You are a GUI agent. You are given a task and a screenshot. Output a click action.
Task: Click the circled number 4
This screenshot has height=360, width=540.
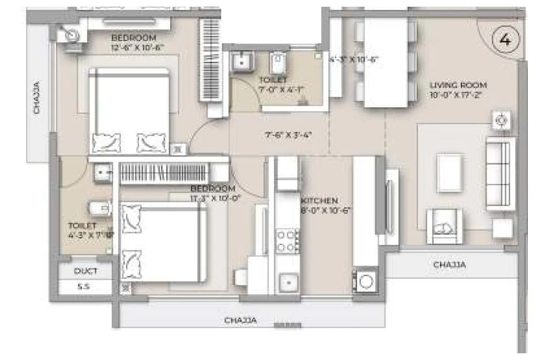(505, 40)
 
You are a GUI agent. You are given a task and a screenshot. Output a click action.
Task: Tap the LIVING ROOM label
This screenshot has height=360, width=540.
(458, 85)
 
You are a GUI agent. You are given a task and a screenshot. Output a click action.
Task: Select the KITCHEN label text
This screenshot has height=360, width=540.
(319, 201)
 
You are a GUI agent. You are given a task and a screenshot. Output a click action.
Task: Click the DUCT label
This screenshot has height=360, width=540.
(85, 271)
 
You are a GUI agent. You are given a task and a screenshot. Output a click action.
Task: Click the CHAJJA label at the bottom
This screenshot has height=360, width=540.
(241, 320)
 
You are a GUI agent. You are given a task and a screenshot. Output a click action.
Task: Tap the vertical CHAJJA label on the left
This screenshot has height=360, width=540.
(37, 97)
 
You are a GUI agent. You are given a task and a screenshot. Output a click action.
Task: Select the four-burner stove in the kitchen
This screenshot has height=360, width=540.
(288, 240)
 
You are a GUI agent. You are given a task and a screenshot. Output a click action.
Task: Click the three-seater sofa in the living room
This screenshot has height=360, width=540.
(499, 173)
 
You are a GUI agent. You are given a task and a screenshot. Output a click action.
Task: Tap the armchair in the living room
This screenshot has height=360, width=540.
(444, 226)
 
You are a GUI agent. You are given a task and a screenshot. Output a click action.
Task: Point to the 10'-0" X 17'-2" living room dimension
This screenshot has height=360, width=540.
(458, 95)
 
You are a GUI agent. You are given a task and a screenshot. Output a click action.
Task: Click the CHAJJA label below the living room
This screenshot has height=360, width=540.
(450, 265)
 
